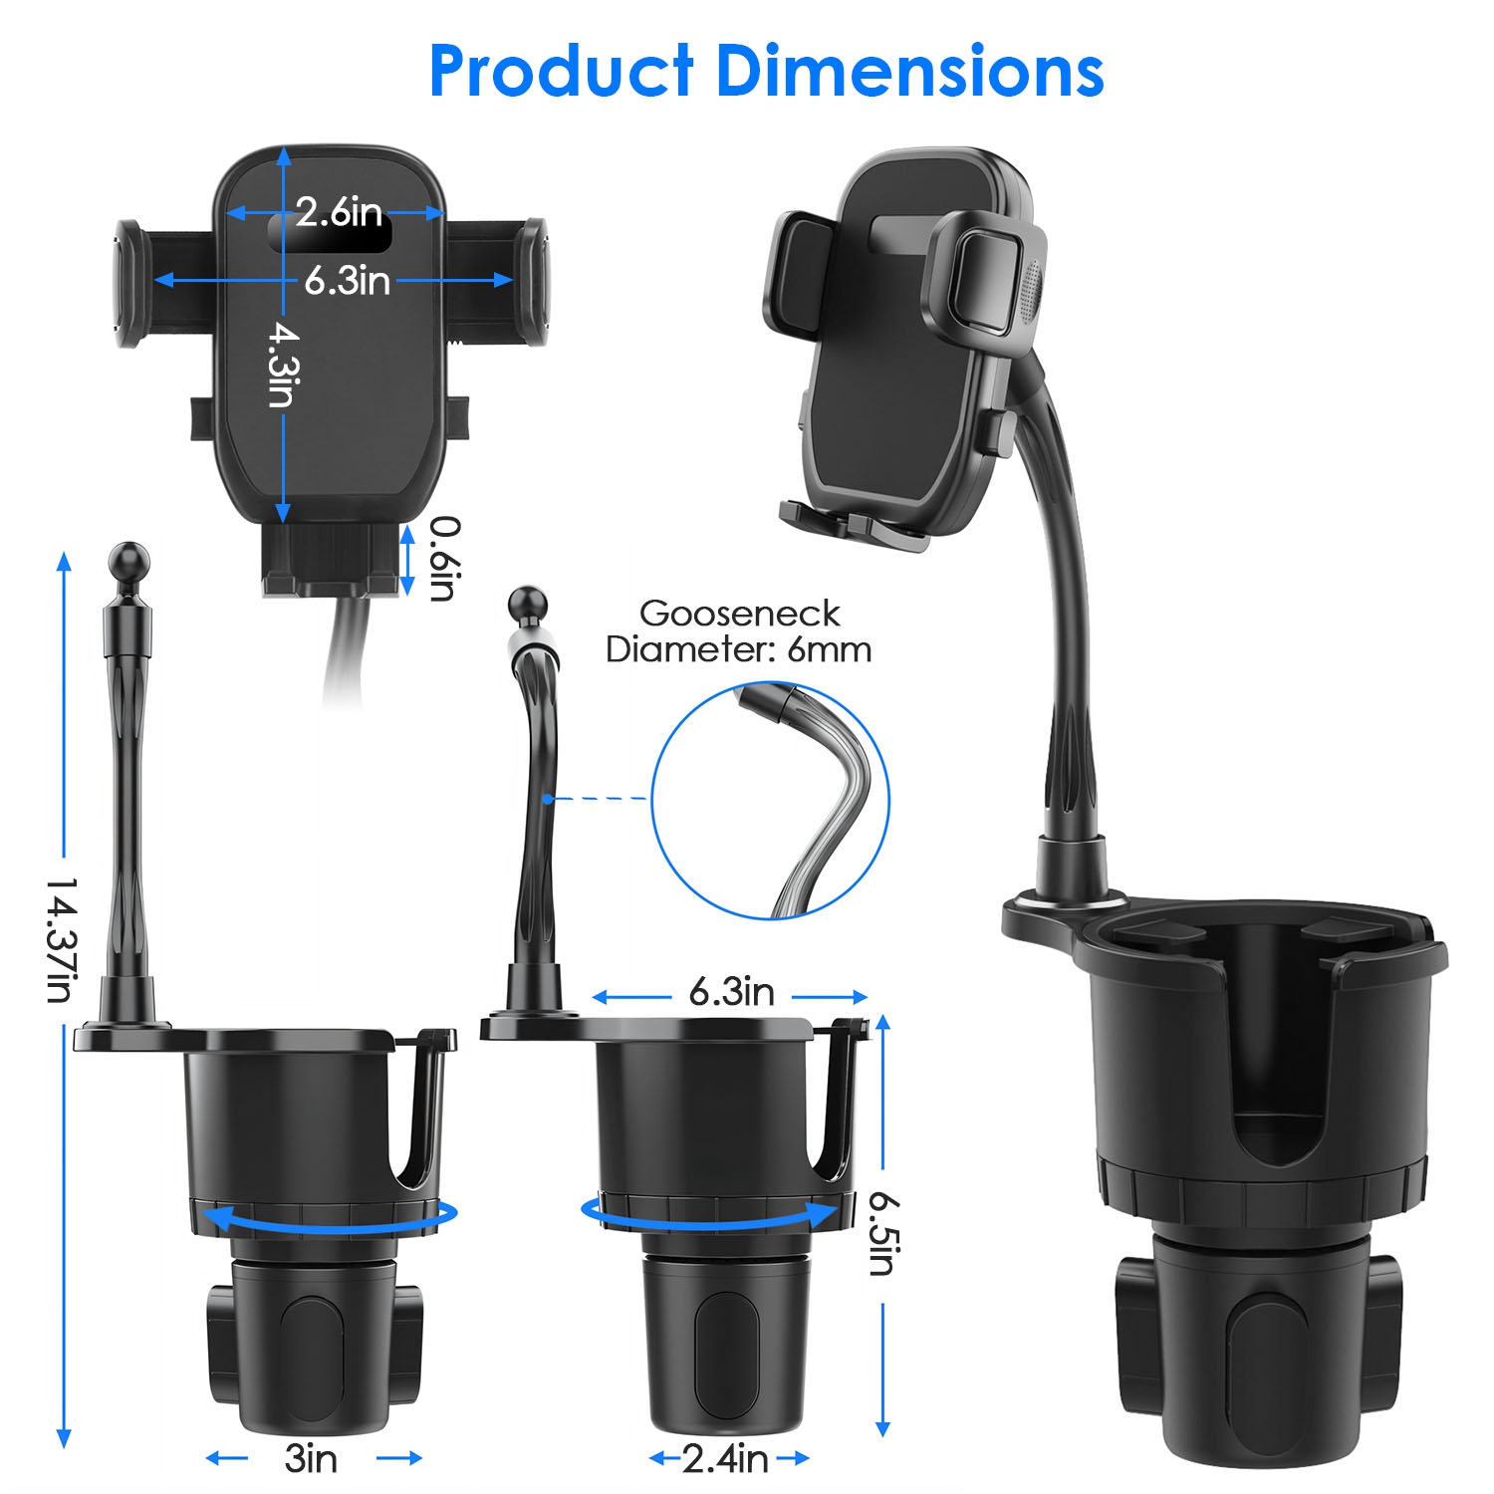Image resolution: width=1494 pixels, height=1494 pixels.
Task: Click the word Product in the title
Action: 561,72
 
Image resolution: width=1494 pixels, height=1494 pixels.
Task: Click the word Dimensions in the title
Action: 909,72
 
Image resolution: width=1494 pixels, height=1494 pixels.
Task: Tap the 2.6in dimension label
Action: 339,212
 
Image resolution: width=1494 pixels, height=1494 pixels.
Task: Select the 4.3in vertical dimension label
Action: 283,365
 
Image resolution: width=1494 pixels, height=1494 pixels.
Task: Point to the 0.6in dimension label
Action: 445,559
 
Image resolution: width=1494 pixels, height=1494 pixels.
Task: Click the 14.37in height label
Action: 62,940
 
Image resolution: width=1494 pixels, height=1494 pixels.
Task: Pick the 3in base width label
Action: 311,1459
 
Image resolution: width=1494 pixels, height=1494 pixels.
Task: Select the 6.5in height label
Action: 881,1233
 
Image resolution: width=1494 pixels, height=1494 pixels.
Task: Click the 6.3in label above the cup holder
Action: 731,992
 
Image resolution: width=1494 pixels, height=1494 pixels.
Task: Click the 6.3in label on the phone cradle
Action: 347,281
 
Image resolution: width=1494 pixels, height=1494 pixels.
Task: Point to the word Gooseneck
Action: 739,614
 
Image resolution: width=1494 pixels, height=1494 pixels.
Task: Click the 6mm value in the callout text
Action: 829,650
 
